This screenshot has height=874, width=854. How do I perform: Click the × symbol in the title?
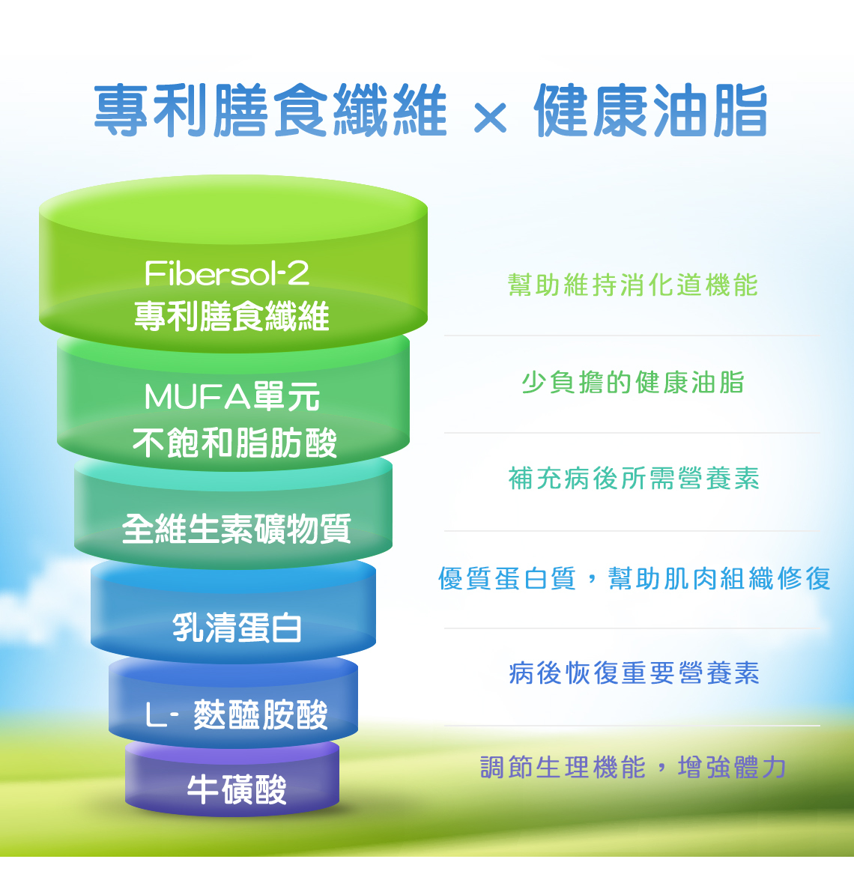pos(491,117)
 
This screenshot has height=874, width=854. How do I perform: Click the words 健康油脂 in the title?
pos(650,110)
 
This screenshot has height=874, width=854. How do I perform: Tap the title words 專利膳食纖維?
pos(270,110)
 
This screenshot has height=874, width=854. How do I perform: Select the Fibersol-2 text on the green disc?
pos(226,273)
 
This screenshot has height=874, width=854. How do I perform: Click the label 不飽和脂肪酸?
pos(234,443)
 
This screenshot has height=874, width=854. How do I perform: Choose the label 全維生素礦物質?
pos(237,529)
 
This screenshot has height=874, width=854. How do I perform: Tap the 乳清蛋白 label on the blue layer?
pos(237,627)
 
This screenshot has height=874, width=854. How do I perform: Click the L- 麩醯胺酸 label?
pos(237,714)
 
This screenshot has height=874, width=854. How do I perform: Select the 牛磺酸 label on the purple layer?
pos(237,789)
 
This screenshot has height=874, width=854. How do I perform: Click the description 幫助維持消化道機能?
pos(633,285)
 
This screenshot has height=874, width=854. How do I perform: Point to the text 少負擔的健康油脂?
pos(633,383)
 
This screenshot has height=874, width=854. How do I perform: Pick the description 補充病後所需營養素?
pos(633,479)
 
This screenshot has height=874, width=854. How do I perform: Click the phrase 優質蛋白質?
pos(506,578)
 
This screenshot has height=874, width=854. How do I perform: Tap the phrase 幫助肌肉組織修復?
pos(719,578)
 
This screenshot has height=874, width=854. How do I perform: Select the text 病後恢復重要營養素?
pos(634,673)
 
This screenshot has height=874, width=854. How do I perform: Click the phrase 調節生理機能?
pos(563,768)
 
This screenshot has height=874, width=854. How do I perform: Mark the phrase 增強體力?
pos(731,768)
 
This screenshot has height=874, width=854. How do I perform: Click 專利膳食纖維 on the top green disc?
pos(231,316)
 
